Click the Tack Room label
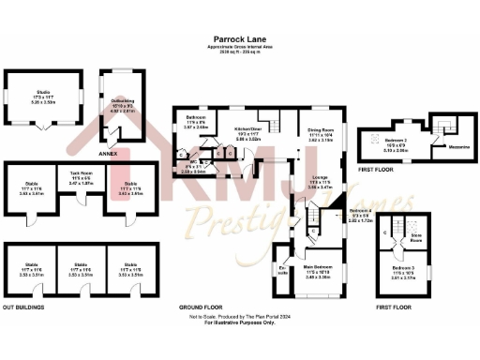pyautogui.click(x=80, y=175)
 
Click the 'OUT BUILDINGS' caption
pyautogui.click(x=24, y=307)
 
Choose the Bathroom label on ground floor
pyautogui.click(x=194, y=122)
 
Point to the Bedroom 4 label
pyautogui.click(x=361, y=211)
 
